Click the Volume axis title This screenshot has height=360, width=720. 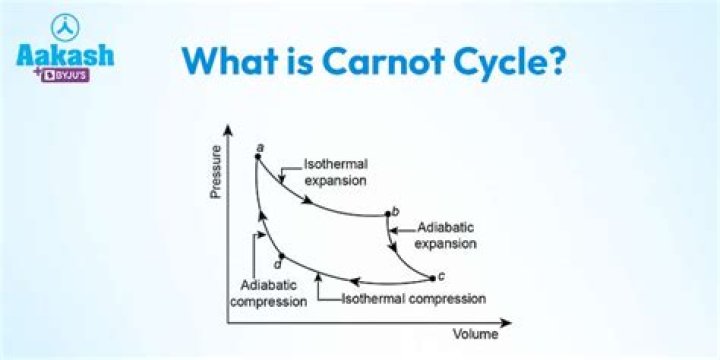tap(476, 335)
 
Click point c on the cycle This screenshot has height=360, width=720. tap(432, 277)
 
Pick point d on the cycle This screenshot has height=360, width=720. tap(281, 256)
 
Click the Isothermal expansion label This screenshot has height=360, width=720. tap(335, 173)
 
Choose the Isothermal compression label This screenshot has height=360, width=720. tap(413, 299)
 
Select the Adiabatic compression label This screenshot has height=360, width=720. tap(268, 294)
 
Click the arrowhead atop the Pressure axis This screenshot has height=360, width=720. tap(229, 128)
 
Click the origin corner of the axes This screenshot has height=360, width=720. tap(229, 323)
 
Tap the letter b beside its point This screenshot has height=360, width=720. tap(397, 210)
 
